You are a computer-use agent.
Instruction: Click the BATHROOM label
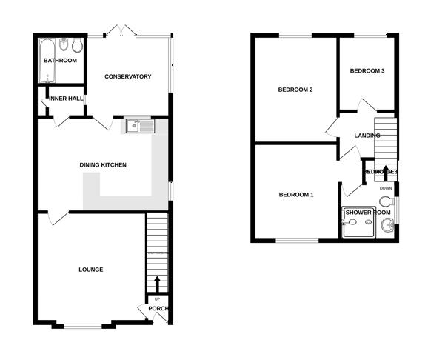(60, 61)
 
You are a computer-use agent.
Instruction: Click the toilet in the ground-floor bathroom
(65, 44)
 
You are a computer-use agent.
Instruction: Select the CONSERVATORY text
(127, 77)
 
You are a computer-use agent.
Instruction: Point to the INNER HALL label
(67, 99)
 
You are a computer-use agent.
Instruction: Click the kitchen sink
(139, 126)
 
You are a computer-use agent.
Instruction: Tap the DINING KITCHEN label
(104, 164)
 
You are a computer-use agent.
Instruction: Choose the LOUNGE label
(90, 270)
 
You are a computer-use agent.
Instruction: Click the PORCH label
(158, 309)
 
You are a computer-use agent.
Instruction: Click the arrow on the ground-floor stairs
(157, 284)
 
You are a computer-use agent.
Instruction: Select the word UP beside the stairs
(157, 299)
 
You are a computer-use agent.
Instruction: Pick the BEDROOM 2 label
(295, 90)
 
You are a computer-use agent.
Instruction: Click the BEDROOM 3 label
(367, 71)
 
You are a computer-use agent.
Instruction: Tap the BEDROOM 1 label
(296, 195)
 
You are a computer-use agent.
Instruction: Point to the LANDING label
(367, 136)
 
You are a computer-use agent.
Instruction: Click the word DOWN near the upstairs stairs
(386, 188)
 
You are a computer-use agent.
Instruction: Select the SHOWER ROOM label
(368, 213)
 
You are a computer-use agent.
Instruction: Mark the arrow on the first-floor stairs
(385, 173)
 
